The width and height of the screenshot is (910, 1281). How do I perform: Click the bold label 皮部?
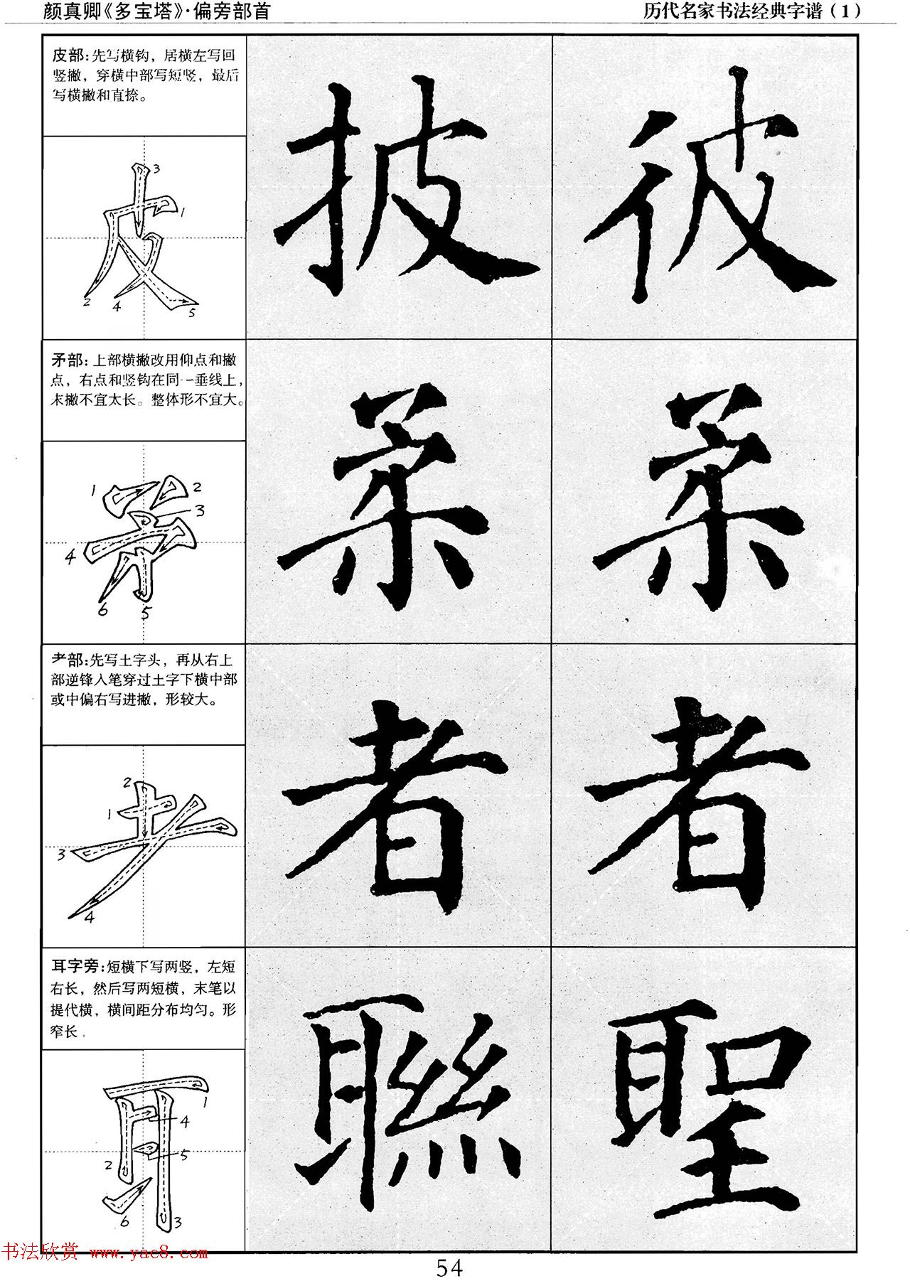click(x=67, y=55)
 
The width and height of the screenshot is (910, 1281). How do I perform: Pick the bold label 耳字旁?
click(x=75, y=967)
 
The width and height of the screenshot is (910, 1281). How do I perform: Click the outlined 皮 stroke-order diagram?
click(x=142, y=238)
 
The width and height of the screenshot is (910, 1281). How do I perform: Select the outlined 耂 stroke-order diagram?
click(x=149, y=846)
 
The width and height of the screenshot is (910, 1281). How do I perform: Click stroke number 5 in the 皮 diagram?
click(x=192, y=312)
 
